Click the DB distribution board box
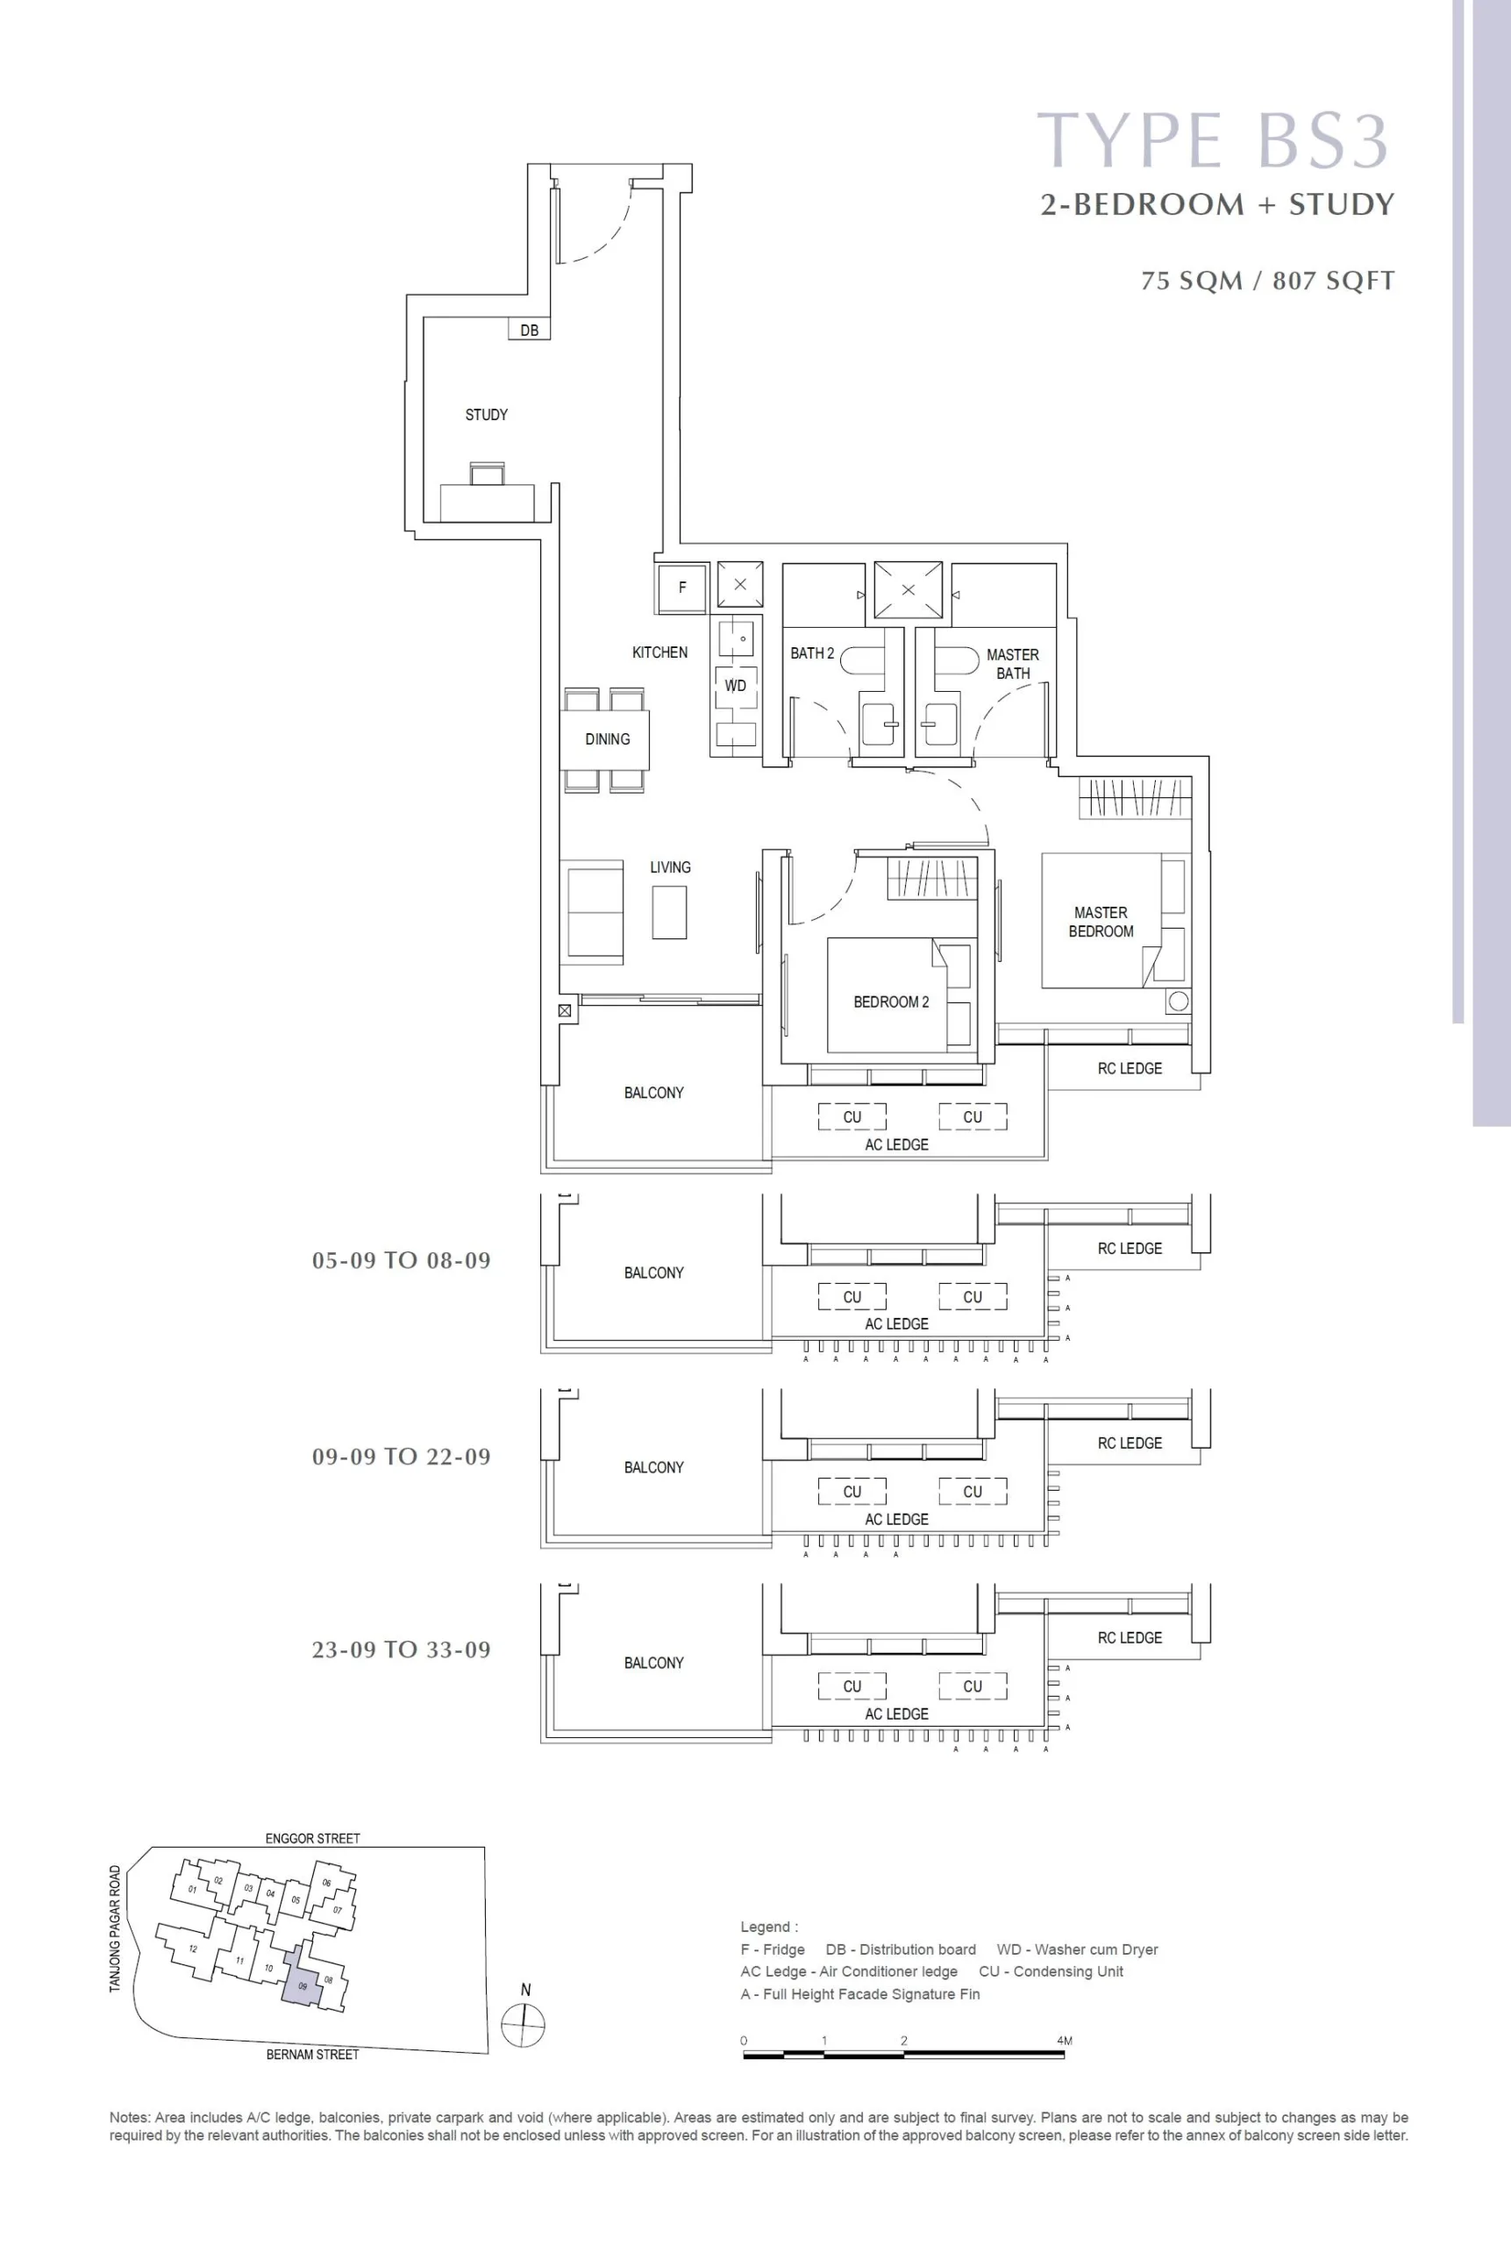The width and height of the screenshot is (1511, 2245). pos(529,330)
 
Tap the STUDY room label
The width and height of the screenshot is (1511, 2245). pos(487,414)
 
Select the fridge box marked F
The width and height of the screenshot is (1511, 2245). pos(682,588)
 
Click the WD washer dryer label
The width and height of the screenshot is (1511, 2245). pos(735,685)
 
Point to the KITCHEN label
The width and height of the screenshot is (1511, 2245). pos(660,652)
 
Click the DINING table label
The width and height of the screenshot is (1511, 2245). pos(607,739)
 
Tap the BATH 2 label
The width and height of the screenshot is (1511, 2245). pos(812,653)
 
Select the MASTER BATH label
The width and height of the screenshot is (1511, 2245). pos(1013,664)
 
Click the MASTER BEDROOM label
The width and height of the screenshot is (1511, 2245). pos(1101,922)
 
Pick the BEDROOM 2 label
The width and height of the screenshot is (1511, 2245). pos(891,1002)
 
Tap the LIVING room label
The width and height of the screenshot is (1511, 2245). pos(670,867)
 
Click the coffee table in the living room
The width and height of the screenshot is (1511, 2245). pos(670,912)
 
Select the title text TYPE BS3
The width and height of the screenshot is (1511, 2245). pos(1212,139)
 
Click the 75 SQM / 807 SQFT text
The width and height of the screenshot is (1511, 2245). pos(1268,281)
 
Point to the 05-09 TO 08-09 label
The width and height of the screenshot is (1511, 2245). pos(402,1260)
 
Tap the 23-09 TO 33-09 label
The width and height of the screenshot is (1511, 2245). pos(402,1650)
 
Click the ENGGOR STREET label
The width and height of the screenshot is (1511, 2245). pos(313,1838)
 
